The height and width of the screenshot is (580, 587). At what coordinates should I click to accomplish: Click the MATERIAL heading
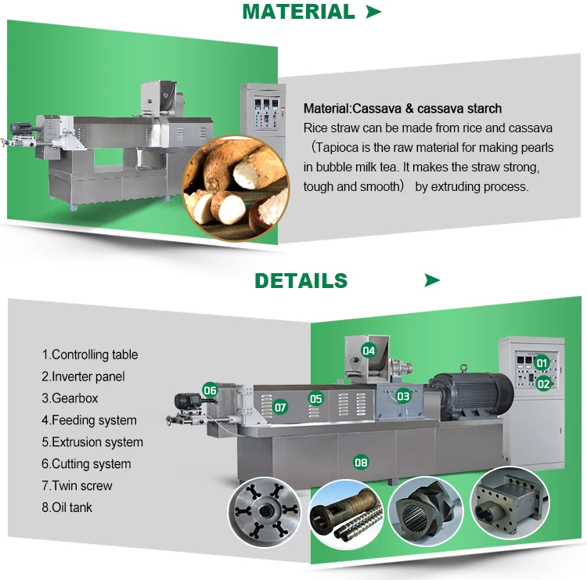click(x=298, y=12)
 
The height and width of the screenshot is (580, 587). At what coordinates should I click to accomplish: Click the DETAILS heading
click(x=301, y=280)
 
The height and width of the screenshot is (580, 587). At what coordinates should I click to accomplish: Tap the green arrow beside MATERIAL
click(x=374, y=12)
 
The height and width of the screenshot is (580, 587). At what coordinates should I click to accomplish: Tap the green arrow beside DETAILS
click(x=432, y=280)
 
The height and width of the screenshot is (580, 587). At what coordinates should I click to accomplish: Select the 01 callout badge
click(x=541, y=362)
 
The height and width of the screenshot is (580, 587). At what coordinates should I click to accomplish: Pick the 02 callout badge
click(x=543, y=384)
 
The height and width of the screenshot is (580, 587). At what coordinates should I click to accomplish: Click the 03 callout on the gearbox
click(x=403, y=396)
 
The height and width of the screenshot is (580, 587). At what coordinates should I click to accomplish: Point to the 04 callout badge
click(x=368, y=351)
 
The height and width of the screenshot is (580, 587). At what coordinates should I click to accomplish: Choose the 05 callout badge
click(x=315, y=398)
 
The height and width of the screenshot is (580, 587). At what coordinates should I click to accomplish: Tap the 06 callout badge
click(x=210, y=389)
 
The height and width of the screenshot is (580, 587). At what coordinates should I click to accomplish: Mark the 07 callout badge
click(x=279, y=407)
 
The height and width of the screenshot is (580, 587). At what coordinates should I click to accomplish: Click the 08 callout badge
click(x=361, y=462)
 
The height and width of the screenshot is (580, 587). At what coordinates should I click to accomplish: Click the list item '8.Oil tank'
click(x=67, y=507)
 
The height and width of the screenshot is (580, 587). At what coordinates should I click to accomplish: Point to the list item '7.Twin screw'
click(x=77, y=485)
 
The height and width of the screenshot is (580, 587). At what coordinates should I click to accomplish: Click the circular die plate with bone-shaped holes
click(x=265, y=517)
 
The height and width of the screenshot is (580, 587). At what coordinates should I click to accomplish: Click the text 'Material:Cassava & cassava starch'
click(x=402, y=108)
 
